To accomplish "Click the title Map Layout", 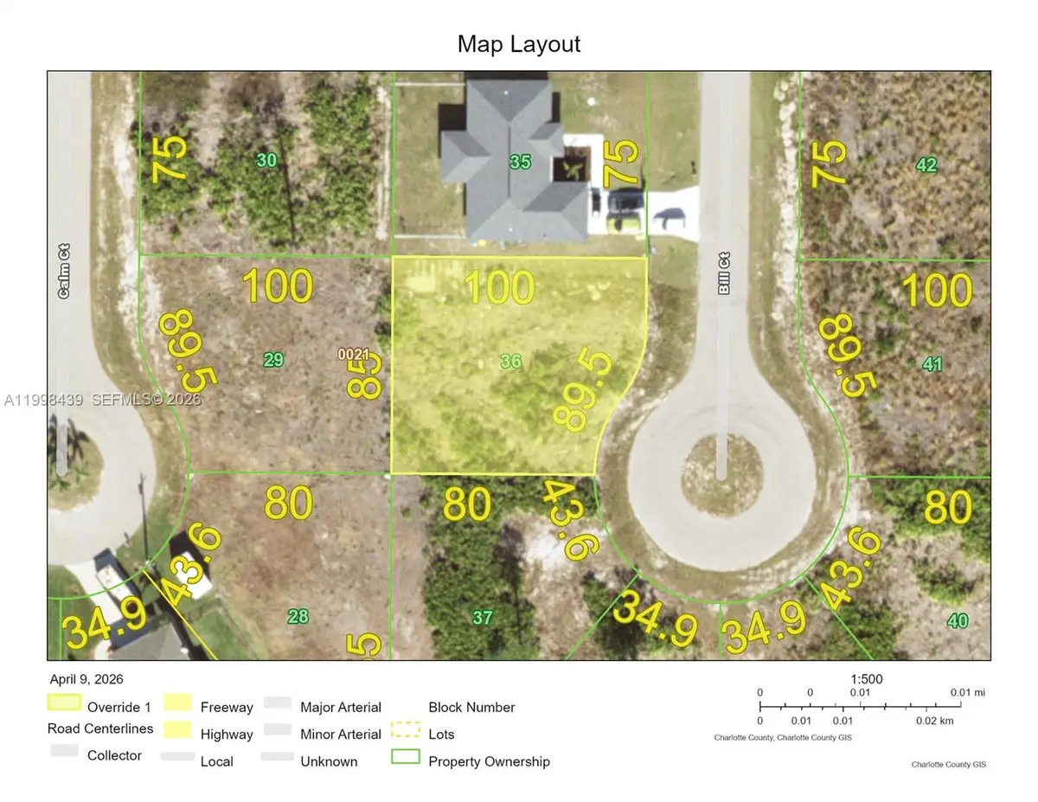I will pyautogui.click(x=519, y=43).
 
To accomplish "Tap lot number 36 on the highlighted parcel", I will pyautogui.click(x=510, y=361).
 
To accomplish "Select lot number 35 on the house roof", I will pyautogui.click(x=520, y=162).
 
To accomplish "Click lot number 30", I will pyautogui.click(x=267, y=160).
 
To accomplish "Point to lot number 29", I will pyautogui.click(x=273, y=360).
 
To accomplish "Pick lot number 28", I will pyautogui.click(x=298, y=616).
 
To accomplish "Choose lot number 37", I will pyautogui.click(x=483, y=617).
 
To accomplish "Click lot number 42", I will pyautogui.click(x=926, y=164).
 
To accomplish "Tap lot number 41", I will pyautogui.click(x=932, y=364).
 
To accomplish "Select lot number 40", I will pyautogui.click(x=958, y=619).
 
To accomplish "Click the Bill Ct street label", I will pyautogui.click(x=725, y=273).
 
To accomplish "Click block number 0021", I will pyautogui.click(x=354, y=354).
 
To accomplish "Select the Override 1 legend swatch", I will pyautogui.click(x=64, y=703).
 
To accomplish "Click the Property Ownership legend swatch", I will pyautogui.click(x=406, y=758).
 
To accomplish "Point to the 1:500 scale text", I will pyautogui.click(x=865, y=679).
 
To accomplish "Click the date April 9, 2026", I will pyautogui.click(x=86, y=679).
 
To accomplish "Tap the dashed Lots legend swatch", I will pyautogui.click(x=406, y=731).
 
